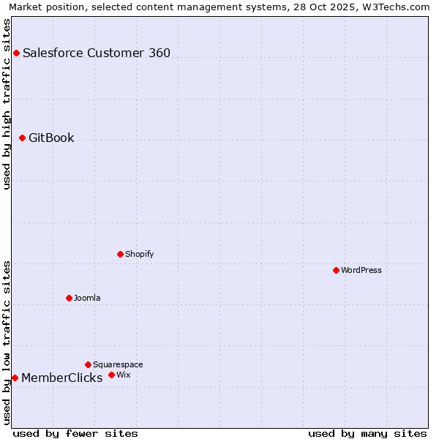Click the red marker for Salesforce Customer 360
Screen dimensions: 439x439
(x=16, y=53)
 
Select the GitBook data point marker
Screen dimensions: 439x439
(x=22, y=138)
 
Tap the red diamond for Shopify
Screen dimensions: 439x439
(x=120, y=254)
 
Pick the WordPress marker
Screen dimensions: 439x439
(x=336, y=270)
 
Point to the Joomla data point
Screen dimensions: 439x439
(x=69, y=298)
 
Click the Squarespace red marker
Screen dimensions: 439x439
(x=88, y=364)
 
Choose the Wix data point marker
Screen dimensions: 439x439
(x=111, y=375)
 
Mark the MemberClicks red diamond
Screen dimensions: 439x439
(x=15, y=378)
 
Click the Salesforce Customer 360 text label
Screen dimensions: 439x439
(x=97, y=53)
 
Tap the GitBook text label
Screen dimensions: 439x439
(x=51, y=138)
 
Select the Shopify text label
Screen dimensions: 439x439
(x=139, y=254)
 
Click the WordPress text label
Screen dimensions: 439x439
(x=361, y=270)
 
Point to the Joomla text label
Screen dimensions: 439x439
(x=87, y=298)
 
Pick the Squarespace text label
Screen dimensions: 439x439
(x=118, y=364)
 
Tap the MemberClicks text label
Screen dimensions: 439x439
(x=62, y=378)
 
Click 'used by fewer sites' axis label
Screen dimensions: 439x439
(x=75, y=433)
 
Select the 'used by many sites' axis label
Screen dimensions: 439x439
(x=367, y=433)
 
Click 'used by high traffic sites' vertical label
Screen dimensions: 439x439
(x=7, y=104)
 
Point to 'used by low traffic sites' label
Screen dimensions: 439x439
(x=7, y=342)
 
